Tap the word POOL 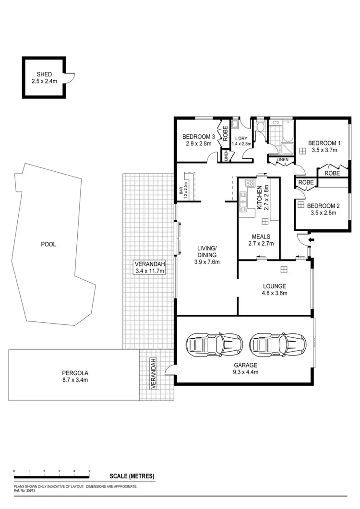pos(48,244)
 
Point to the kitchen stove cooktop pos(249,182)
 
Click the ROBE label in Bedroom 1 pos(332,173)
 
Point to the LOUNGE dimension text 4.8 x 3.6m pos(274,293)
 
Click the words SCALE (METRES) pos(132,476)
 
